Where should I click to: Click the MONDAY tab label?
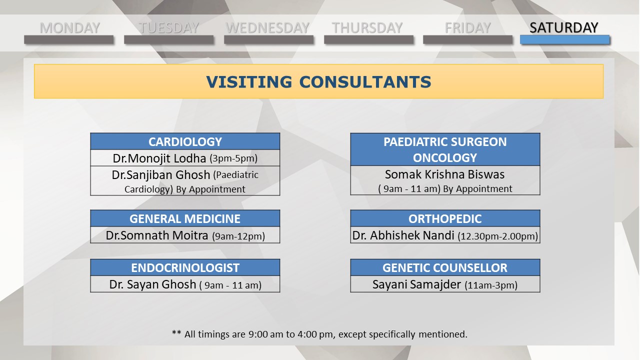[x=69, y=28]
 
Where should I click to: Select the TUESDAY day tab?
[x=169, y=28]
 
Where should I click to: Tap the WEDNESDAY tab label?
[x=267, y=28]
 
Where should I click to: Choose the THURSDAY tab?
[x=367, y=28]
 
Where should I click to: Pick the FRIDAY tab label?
[x=467, y=28]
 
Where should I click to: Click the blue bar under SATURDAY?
[x=565, y=39]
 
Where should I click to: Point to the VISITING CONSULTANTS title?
[x=318, y=82]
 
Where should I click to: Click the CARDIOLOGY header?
[x=185, y=141]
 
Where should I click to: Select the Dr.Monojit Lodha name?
[x=159, y=158]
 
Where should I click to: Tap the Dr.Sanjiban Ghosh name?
[x=161, y=175]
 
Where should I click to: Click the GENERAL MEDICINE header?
[x=185, y=219]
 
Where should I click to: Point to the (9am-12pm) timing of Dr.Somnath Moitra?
[x=238, y=236]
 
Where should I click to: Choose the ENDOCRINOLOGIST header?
[x=185, y=268]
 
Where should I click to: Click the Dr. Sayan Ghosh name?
[x=152, y=284]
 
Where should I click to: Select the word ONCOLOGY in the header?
[x=445, y=157]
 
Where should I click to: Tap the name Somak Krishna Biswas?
[x=445, y=174]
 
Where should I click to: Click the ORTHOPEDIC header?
[x=445, y=219]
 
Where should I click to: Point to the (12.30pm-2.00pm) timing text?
[x=497, y=236]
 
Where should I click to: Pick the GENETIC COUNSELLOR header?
[x=445, y=268]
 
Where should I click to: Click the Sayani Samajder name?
[x=416, y=284]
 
